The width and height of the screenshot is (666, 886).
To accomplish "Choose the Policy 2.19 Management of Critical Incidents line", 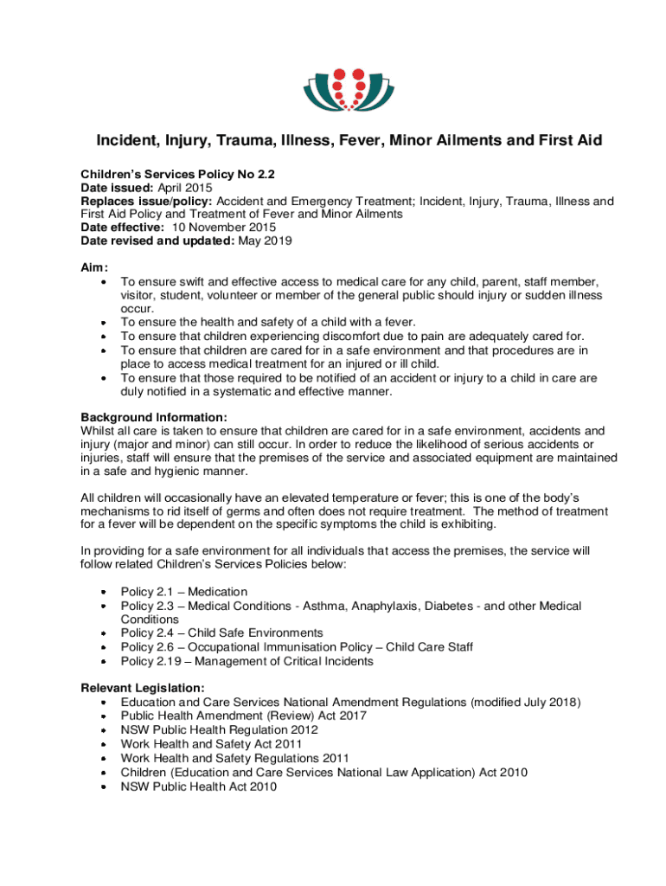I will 247,661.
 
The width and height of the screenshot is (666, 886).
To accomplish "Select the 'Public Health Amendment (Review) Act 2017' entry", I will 243,716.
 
